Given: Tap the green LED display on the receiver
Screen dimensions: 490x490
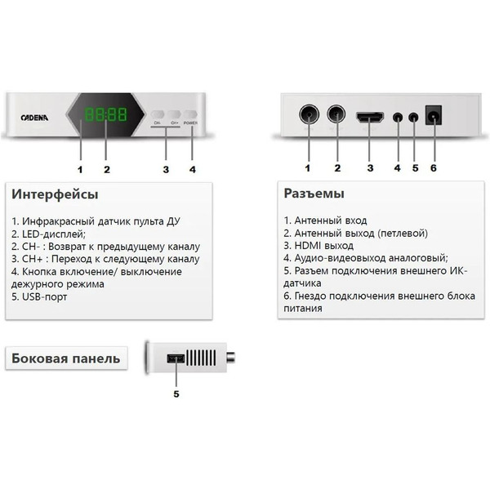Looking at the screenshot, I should (107, 115).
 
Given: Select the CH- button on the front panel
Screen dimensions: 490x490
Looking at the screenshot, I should (157, 116).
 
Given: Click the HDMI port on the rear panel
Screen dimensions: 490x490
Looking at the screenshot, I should (370, 116).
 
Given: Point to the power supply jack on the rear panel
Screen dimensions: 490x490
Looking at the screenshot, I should (433, 116).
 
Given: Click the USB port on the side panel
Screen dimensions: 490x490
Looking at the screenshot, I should (176, 359).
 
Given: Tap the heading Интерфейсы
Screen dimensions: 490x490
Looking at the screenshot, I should (56, 194).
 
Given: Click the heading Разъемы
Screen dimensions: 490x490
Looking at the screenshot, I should (314, 194).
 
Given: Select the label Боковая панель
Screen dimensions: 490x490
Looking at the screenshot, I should (65, 358).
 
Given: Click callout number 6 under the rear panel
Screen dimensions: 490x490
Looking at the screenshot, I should (433, 168).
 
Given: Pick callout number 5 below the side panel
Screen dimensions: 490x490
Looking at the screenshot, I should (176, 394).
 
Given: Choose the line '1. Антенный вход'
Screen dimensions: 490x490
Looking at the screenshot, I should (325, 220).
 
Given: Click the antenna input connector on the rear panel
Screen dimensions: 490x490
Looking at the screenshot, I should (309, 114).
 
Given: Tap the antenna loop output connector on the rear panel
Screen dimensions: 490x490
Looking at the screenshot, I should (336, 114).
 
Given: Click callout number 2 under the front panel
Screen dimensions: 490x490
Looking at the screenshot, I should (106, 170).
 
